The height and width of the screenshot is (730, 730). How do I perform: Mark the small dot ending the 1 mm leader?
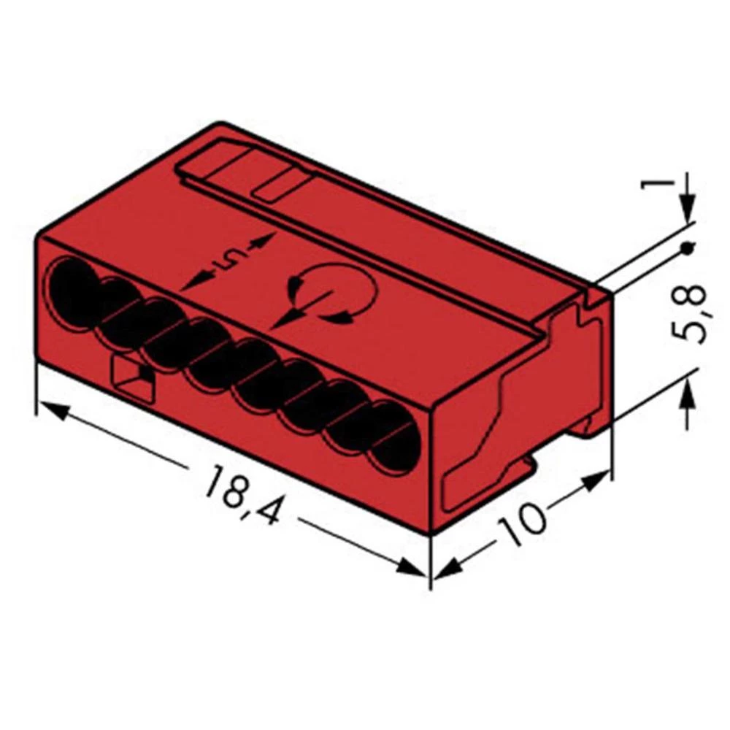coord(686,250)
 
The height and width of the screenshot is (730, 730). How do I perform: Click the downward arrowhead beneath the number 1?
coord(686,212)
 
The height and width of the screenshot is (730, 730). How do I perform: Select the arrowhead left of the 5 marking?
coord(191,284)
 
